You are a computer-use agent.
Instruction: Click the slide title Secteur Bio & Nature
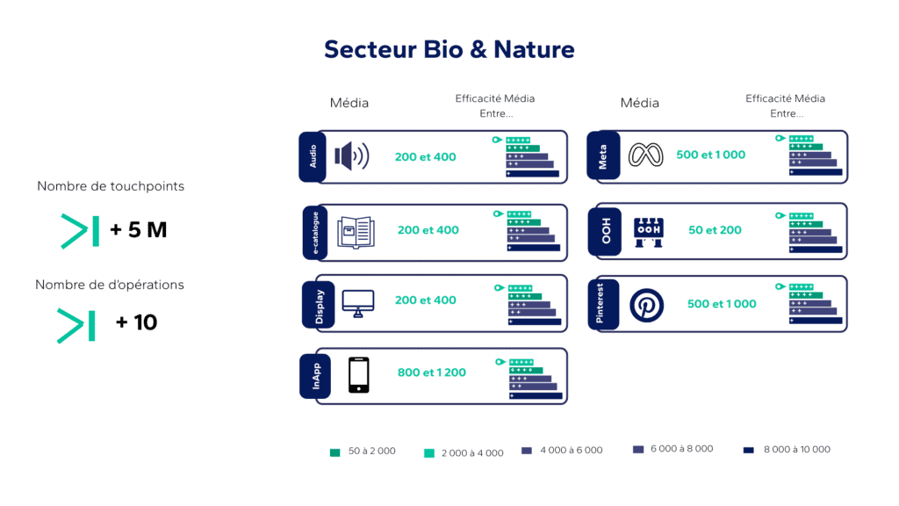pos(449,49)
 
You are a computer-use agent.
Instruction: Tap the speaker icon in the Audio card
pos(352,157)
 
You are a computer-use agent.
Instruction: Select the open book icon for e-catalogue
pos(356,231)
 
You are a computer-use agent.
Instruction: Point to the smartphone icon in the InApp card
pos(358,375)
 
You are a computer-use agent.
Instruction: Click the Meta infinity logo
pos(648,155)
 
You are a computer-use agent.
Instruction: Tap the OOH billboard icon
pos(649,230)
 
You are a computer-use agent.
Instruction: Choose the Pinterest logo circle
pos(647,305)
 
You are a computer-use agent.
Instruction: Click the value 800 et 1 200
pos(432,372)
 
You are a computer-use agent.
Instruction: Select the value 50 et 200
pos(715,230)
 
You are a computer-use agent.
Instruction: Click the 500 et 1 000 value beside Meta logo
pos(710,155)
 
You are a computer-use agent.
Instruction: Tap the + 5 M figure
pos(138,230)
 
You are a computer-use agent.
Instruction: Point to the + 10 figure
pos(136,323)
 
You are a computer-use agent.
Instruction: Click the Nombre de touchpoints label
pos(111,186)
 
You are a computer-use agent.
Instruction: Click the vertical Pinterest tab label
pos(601,304)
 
